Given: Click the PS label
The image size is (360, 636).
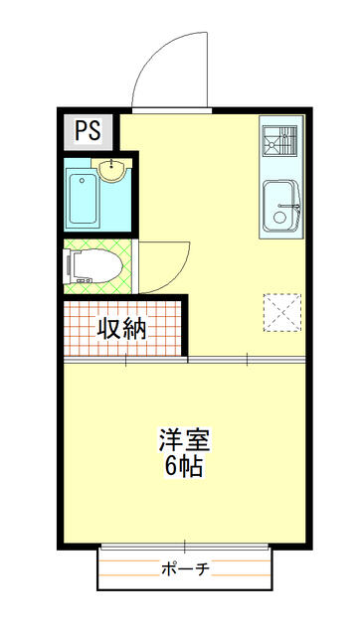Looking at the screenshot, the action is [88, 130].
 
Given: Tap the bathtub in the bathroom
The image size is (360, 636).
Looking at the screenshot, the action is [83, 199].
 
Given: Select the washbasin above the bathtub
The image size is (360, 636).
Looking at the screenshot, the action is [111, 170].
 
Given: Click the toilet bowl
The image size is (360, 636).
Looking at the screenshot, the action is [98, 265].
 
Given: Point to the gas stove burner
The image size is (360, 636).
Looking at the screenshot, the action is [279, 140].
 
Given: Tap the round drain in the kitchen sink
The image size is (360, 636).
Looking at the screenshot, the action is [279, 217].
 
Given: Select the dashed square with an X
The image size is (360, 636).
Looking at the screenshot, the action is [282, 312].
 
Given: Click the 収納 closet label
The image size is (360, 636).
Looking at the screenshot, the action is [121, 328].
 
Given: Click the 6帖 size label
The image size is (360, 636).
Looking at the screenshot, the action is [183, 467].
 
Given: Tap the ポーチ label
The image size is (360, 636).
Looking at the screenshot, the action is [185, 569].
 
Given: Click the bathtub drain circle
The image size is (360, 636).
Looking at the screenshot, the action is [82, 180].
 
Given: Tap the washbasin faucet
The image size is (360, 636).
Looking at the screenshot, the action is [111, 165].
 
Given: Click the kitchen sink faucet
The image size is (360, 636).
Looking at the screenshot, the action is [291, 206].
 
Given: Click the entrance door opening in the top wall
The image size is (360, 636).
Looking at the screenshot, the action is [172, 110].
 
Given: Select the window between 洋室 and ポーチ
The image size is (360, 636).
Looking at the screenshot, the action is [185, 547].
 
